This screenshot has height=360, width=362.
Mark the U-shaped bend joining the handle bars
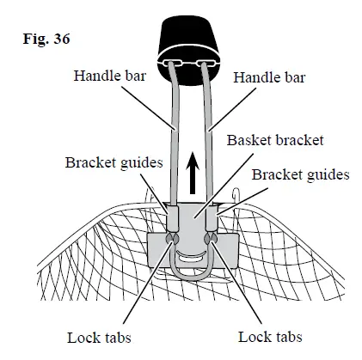point(190,273)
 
